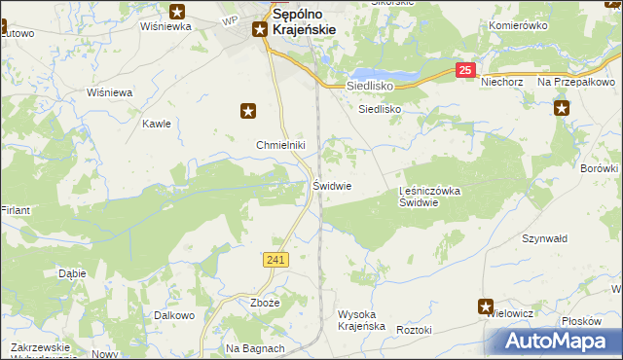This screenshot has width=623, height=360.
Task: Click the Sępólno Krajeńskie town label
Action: tap(305, 22)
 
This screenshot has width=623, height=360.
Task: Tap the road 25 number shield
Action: tap(466, 70)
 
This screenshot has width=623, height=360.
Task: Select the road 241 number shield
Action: tap(275, 259)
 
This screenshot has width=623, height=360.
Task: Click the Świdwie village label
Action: tap(332, 185)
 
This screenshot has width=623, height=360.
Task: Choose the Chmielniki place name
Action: tap(281, 146)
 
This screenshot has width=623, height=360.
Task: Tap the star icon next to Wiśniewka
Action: tap(177, 12)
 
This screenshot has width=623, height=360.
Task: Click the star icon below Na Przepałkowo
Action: tap(563, 108)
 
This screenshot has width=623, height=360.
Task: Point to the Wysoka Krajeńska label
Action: tap(361, 320)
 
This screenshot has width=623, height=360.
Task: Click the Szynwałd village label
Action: tap(545, 238)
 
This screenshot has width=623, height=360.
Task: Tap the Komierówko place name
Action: tap(520, 25)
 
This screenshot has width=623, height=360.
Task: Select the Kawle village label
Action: tap(157, 124)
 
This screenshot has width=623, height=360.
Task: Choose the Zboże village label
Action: tap(265, 304)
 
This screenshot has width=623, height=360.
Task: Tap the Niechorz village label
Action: tap(503, 83)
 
